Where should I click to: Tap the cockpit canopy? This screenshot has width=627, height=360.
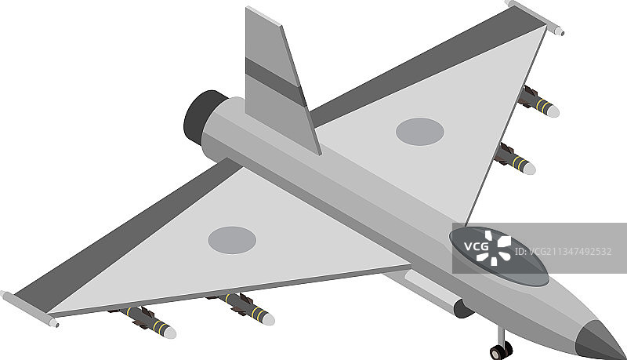click(x=499, y=256)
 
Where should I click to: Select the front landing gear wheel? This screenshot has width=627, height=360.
click(x=501, y=351)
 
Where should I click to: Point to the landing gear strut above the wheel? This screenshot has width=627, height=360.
click(x=501, y=335)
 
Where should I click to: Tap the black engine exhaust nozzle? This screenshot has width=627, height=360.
click(x=202, y=117)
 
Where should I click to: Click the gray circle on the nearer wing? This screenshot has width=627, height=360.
click(x=232, y=240)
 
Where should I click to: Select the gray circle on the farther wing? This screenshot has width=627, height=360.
click(x=420, y=132)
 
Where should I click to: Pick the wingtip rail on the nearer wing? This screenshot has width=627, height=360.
click(x=29, y=308)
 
